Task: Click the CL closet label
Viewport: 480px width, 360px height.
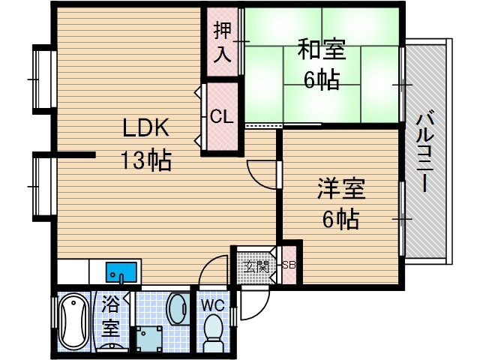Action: tap(220, 117)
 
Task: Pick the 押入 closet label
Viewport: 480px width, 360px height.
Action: tap(222, 42)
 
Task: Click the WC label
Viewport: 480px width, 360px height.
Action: tap(214, 305)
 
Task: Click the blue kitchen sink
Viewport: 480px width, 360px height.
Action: tap(121, 270)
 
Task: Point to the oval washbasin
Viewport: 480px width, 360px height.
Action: tap(178, 308)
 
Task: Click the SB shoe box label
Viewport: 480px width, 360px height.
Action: tap(289, 264)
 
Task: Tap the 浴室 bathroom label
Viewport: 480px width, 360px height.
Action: tap(110, 316)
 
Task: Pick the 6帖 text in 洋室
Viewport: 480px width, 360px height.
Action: tap(340, 220)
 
